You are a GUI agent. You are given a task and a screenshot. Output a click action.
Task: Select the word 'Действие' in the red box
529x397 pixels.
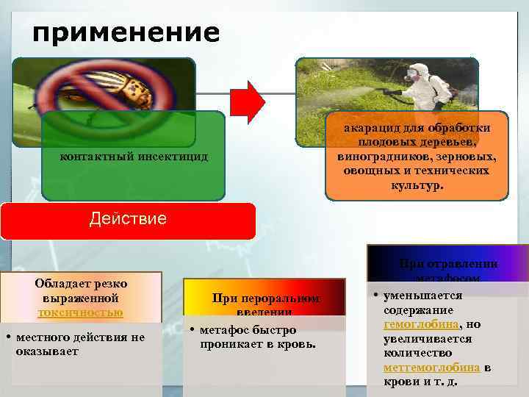[x=127, y=218]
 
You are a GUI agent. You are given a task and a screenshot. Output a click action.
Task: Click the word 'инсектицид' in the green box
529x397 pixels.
[x=171, y=157]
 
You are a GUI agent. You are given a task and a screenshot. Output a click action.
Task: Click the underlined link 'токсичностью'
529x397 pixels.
[x=81, y=312]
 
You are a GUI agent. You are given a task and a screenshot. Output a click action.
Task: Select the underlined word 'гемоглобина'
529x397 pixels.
[x=421, y=323]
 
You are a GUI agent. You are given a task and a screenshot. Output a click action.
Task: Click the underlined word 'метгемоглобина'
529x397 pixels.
[x=432, y=367]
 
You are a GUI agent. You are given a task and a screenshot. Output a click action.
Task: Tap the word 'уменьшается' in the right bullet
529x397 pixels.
[x=423, y=295]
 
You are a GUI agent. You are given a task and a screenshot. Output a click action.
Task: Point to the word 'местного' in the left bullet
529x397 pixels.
[x=43, y=337]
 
